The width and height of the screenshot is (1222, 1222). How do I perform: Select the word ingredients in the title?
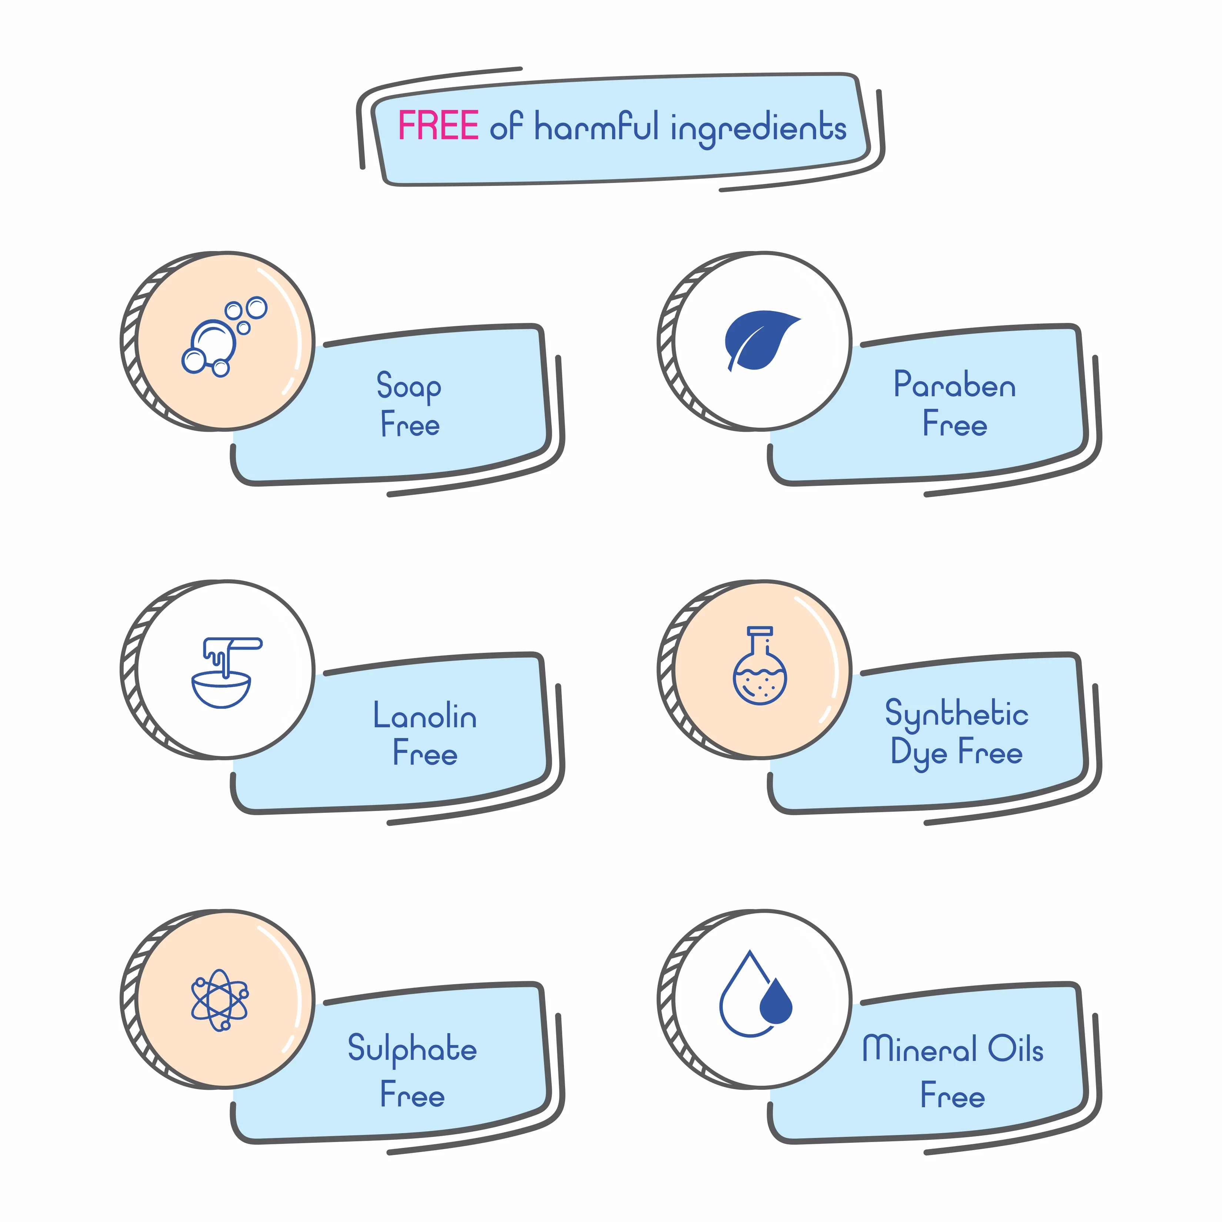click(x=758, y=129)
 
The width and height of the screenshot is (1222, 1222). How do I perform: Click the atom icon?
click(x=220, y=1000)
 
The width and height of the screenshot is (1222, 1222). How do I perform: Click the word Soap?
click(x=408, y=387)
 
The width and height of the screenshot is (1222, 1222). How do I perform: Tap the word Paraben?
click(x=954, y=385)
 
